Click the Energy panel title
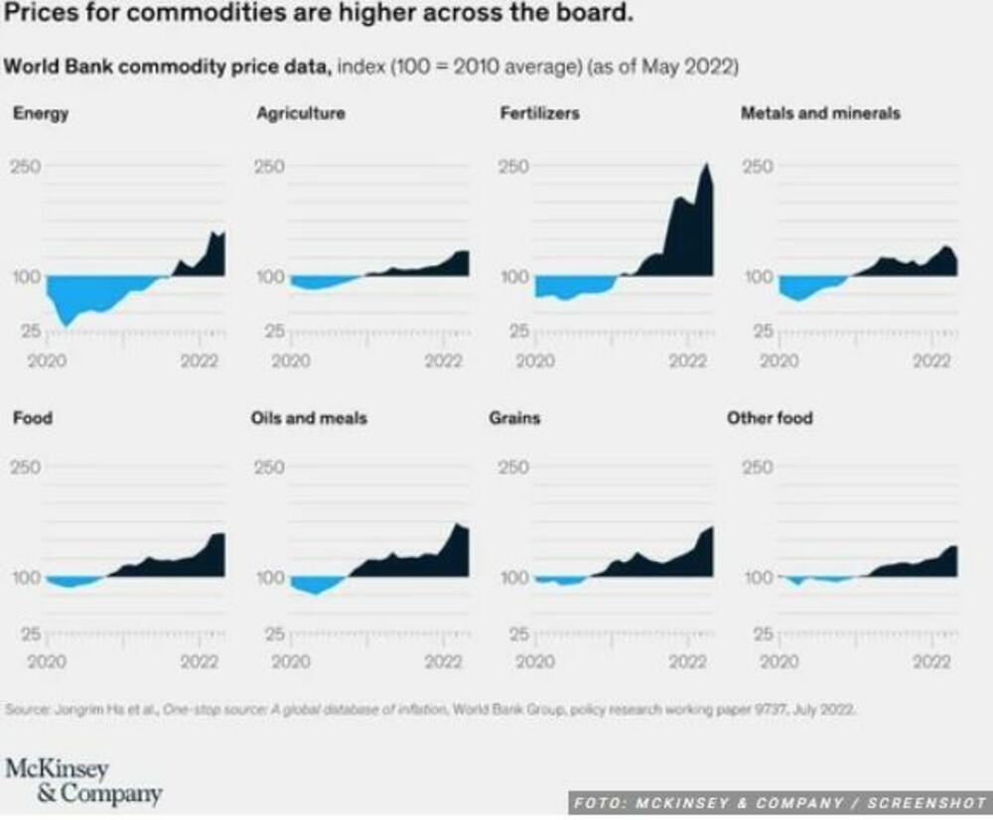41,114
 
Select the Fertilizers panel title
539,114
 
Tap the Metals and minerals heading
820,114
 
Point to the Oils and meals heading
309,418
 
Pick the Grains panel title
514,418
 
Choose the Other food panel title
770,418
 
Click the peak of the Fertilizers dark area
706,165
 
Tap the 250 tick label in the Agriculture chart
270,166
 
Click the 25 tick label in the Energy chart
31,331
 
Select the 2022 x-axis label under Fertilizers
687,361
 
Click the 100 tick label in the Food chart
26,578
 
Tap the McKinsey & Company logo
83,781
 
